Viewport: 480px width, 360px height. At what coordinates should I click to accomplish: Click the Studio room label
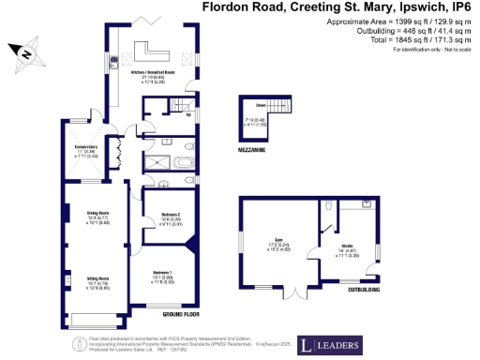coord(347,248)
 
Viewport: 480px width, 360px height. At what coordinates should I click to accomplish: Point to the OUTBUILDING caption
coord(365,291)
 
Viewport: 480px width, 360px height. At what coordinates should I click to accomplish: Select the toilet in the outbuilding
coord(330,206)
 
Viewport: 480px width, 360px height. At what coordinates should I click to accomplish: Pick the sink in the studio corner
coord(365,202)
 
